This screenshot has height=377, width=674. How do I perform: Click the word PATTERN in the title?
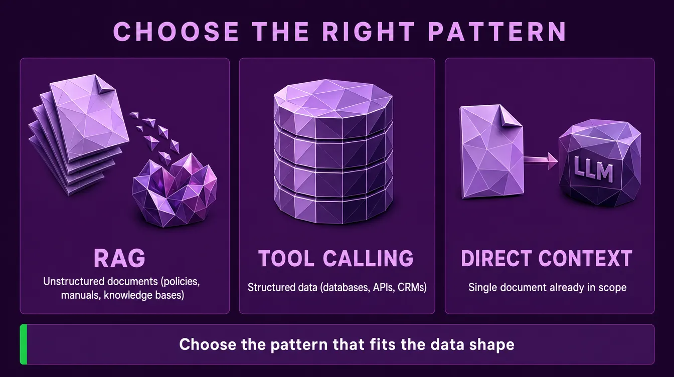click(497, 31)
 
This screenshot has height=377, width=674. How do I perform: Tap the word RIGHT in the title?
click(369, 31)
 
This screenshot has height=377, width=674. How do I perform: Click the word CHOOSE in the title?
click(176, 31)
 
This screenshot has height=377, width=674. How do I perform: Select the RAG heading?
click(119, 258)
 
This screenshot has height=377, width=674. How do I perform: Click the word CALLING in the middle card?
click(368, 258)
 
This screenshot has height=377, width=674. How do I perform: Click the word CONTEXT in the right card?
click(585, 258)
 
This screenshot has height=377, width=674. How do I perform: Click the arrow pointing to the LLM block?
click(541, 161)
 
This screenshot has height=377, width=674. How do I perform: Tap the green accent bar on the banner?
click(24, 344)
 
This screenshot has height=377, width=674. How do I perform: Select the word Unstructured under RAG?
click(73, 281)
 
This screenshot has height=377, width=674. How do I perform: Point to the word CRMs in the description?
click(412, 287)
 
